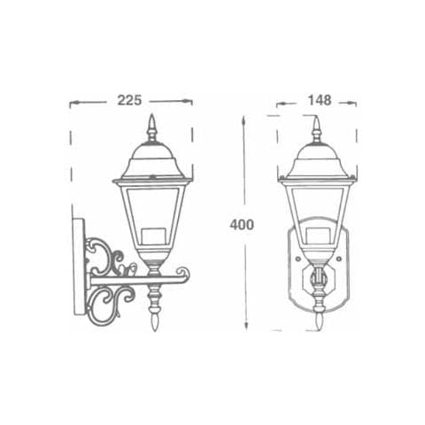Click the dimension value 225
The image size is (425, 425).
(130, 100)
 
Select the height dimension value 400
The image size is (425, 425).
(242, 224)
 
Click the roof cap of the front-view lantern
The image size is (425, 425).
(316, 163)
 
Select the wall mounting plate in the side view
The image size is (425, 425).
(79, 266)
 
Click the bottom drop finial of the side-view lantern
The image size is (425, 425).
(153, 310)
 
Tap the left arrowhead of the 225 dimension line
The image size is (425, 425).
(73, 102)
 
